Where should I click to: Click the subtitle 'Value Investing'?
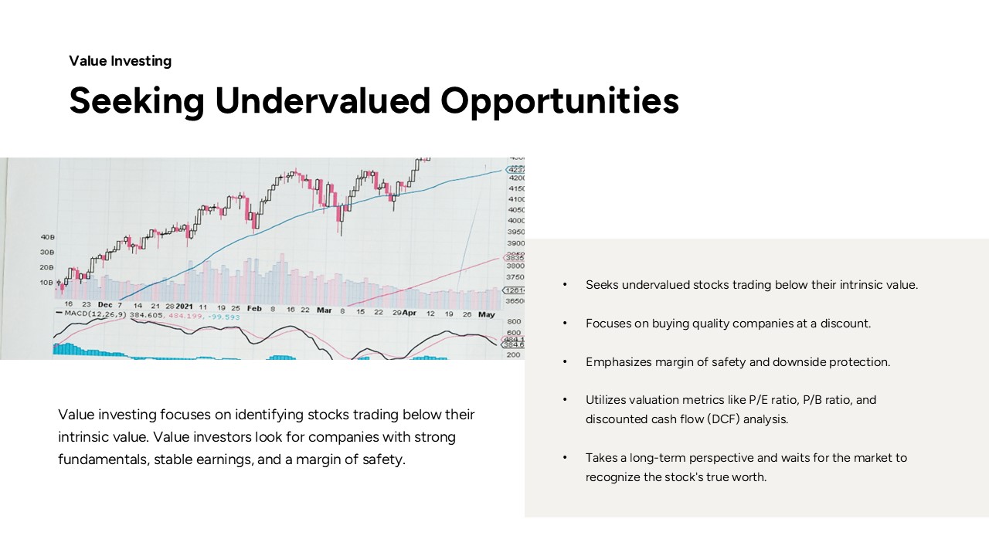(x=120, y=61)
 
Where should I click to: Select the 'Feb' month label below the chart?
(x=253, y=309)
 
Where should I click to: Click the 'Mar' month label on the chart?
(x=324, y=310)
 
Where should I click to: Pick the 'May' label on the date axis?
(x=486, y=314)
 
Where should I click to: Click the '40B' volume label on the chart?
(x=47, y=237)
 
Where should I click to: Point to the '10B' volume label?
(x=47, y=283)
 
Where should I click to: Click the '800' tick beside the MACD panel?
(x=513, y=321)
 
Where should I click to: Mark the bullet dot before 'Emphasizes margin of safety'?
(x=565, y=362)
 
